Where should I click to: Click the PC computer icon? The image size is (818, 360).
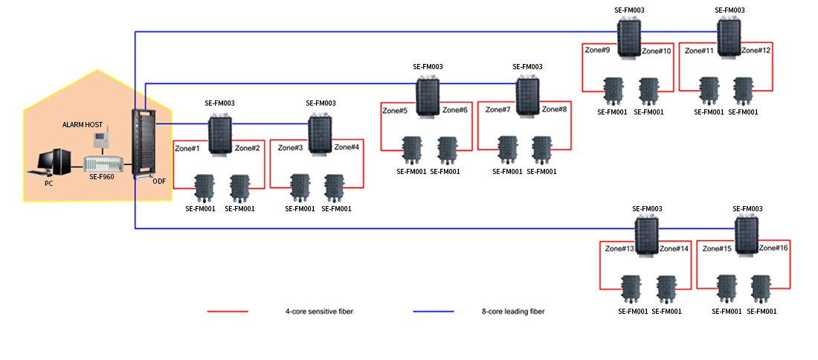coord(53,161)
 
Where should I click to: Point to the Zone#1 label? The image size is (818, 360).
coord(187,148)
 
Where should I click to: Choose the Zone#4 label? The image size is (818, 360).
coord(347,147)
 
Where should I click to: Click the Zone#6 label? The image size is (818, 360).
coord(455,110)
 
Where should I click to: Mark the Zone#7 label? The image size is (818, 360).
coord(498,109)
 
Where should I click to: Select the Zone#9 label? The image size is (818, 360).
coord(597,51)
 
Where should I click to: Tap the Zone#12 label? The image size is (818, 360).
coord(756,50)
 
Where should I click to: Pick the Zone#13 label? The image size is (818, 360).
coord(619,248)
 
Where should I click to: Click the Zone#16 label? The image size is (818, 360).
coord(773,247)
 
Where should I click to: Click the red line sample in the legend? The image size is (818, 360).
coord(227,312)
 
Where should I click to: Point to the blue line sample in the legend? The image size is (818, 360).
coord(433,312)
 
